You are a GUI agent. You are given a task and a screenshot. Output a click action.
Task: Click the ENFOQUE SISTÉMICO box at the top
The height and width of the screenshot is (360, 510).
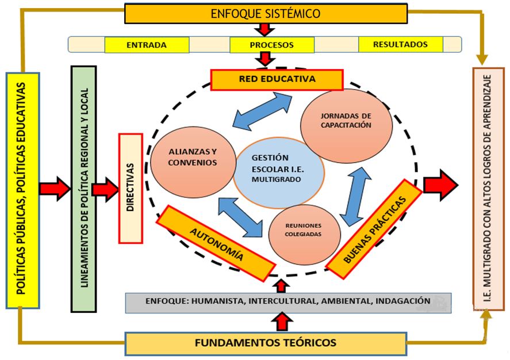(x=266, y=13)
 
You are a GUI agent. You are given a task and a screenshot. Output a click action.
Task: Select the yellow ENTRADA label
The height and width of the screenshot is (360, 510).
(x=147, y=45)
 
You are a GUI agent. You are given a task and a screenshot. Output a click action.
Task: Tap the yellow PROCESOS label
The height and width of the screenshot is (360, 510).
(x=271, y=45)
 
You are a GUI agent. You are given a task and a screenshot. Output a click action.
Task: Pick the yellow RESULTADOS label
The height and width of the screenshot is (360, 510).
(x=400, y=44)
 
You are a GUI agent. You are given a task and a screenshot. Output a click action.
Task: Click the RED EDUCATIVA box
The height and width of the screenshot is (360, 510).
(x=277, y=80)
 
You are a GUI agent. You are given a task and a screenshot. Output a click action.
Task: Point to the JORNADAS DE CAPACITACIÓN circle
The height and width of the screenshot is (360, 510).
(x=347, y=121)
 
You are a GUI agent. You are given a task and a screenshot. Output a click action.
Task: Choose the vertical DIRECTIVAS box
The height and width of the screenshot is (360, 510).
(x=130, y=188)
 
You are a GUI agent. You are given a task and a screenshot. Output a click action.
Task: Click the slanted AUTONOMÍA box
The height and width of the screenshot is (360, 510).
(x=216, y=243)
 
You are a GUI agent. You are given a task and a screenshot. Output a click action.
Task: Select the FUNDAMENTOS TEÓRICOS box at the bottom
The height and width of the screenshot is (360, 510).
(x=265, y=343)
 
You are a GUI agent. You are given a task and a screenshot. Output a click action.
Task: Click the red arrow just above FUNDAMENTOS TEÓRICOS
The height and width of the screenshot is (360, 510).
(x=282, y=321)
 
